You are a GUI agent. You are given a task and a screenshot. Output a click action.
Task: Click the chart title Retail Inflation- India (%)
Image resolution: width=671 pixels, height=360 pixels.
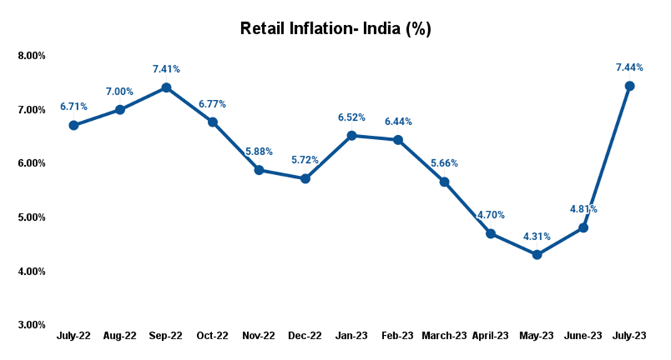pos(335,29)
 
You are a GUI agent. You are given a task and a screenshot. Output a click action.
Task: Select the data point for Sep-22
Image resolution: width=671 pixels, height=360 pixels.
pos(166,87)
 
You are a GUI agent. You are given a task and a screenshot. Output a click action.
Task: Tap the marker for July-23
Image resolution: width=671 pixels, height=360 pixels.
pos(630,86)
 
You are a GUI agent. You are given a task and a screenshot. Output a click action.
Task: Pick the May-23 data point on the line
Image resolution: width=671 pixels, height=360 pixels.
pos(537,254)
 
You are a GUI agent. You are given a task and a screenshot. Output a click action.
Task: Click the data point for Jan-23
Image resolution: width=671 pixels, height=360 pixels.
pos(352,135)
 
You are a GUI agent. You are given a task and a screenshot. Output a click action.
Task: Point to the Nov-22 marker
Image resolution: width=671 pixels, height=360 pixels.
pos(259,170)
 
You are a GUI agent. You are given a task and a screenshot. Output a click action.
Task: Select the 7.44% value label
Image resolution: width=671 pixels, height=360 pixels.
pos(630,68)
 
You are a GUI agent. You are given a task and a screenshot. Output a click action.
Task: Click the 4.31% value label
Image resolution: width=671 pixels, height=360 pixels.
pos(537,237)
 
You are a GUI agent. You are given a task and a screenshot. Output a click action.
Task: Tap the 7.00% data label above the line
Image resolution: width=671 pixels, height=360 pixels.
pos(120,92)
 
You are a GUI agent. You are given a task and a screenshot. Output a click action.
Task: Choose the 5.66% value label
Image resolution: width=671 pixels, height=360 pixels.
pos(444,164)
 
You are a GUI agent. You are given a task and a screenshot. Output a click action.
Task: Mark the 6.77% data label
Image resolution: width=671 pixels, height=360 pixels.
pos(213,104)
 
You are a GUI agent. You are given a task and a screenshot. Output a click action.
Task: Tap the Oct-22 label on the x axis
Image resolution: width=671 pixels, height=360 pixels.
pos(213,335)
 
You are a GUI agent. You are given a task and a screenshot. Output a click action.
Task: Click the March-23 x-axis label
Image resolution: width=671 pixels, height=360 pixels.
pos(444,335)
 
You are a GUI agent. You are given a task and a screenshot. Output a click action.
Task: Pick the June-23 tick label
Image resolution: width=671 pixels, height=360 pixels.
pos(583,335)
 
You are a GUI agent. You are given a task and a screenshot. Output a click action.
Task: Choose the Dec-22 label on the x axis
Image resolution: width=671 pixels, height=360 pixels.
pos(306,335)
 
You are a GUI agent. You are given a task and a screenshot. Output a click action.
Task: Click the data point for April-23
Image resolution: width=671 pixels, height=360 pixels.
pos(490,234)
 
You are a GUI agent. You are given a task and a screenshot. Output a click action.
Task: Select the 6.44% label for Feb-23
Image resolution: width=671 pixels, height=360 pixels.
pos(398,122)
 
